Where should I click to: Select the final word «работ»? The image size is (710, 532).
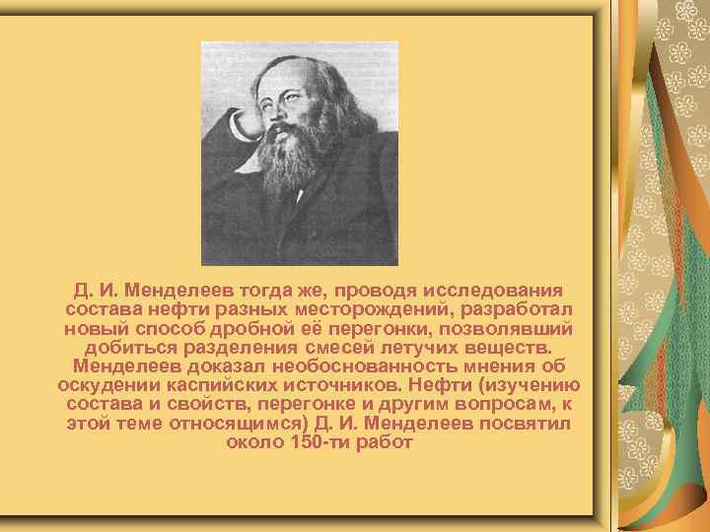coord(387,441)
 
